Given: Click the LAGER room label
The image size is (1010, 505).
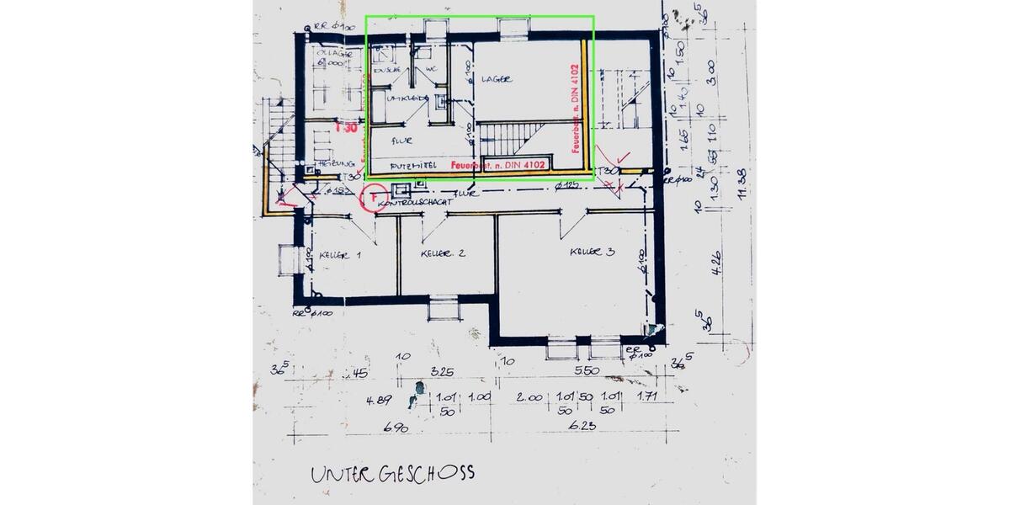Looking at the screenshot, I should pos(497,79).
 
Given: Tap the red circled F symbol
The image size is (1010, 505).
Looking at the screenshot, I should pos(371,199).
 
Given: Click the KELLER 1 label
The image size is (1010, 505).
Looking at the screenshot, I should pos(340,254).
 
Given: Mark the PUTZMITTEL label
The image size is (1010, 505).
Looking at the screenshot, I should pos(410,167).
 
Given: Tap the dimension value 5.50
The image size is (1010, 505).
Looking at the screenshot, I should pos(586,371).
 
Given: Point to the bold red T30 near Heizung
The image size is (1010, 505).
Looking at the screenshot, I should pos(346,129).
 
